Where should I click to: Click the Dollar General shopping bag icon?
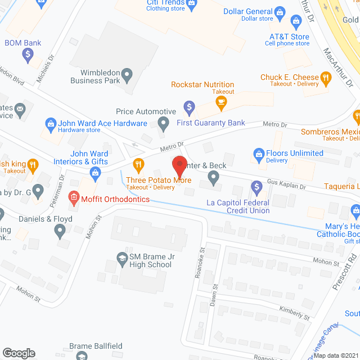280,11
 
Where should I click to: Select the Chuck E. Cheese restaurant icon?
325,78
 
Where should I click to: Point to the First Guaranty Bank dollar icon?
190,106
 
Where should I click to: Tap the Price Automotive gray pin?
163,122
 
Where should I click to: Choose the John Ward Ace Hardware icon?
50,123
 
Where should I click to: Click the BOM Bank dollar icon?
28,55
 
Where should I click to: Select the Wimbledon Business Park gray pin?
127,73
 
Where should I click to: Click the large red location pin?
179,165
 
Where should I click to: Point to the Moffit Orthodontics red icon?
73,197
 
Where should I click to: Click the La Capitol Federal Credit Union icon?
256,186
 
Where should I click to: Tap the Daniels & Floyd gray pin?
61,229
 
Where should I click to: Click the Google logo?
19,353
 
